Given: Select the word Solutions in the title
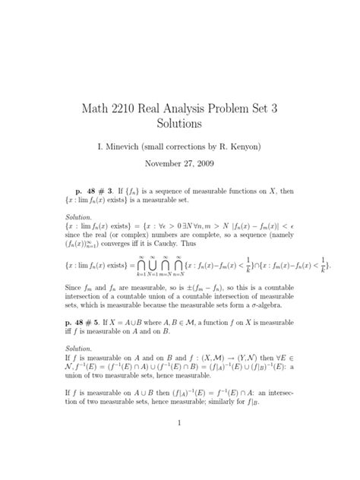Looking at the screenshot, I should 179,122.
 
